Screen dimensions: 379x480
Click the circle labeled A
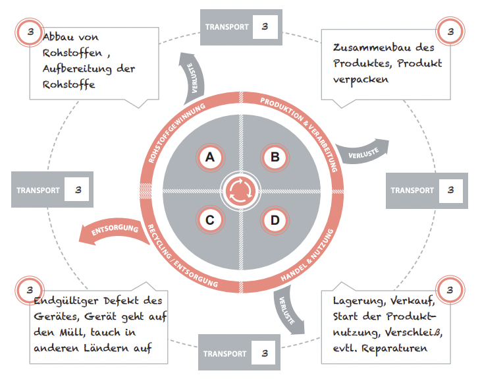point(210,157)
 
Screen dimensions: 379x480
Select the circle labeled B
point(275,157)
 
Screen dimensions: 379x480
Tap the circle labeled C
point(210,220)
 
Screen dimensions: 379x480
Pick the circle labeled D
point(275,220)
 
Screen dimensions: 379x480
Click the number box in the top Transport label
point(264,27)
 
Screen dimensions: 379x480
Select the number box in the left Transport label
point(77,190)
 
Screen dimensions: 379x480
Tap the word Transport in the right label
point(412,190)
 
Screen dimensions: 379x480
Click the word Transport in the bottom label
point(225,353)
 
